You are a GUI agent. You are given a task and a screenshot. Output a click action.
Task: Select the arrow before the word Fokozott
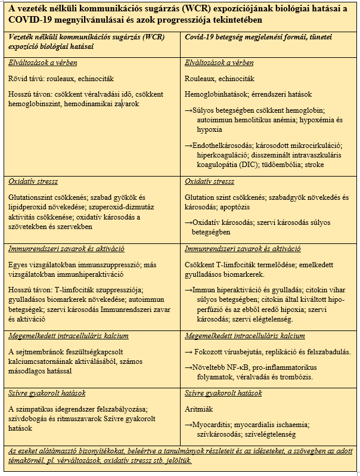(x=189, y=352)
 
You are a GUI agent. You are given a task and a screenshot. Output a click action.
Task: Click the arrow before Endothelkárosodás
(x=189, y=144)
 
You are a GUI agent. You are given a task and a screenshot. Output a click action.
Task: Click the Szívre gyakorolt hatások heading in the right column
(x=224, y=393)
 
